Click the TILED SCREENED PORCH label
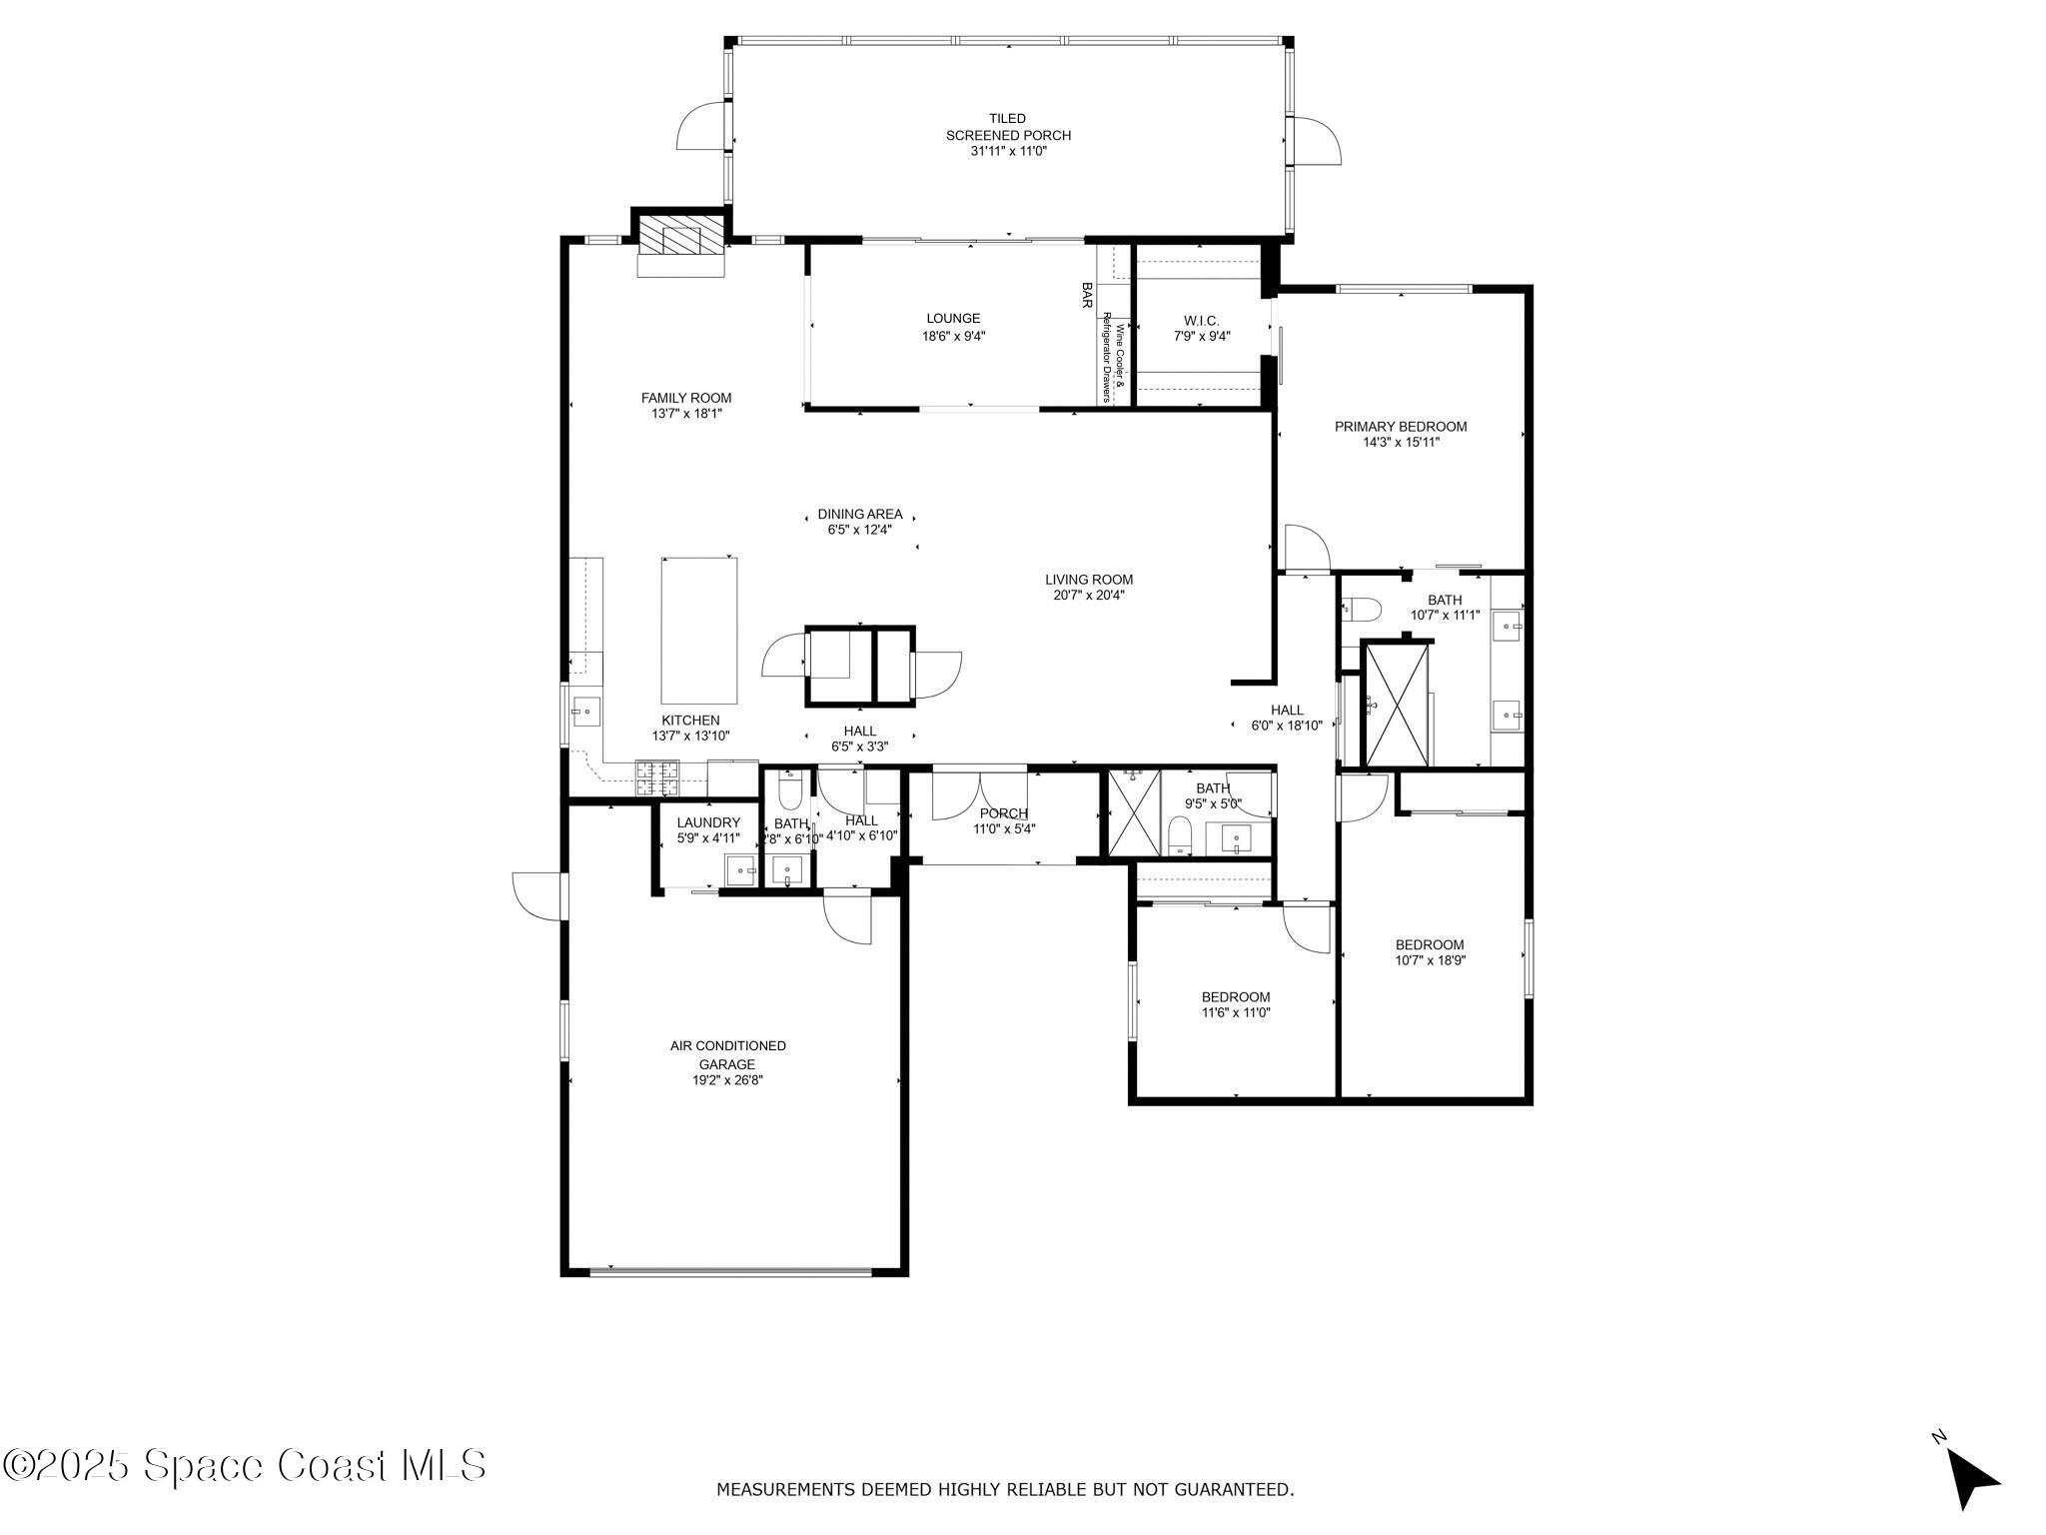[x=1008, y=127]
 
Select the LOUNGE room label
[x=952, y=319]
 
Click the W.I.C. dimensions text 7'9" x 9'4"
[x=1201, y=337]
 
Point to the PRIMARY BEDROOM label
[x=1400, y=427]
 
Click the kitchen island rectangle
[x=699, y=631]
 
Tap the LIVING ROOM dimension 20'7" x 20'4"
[x=1089, y=596]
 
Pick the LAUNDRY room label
[x=708, y=822]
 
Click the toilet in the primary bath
[x=1361, y=607]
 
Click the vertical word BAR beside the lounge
[x=1087, y=295]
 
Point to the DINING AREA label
[x=859, y=514]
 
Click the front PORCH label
[x=1003, y=813]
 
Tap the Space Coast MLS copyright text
[x=245, y=1466]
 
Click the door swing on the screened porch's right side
[x=1318, y=140]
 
